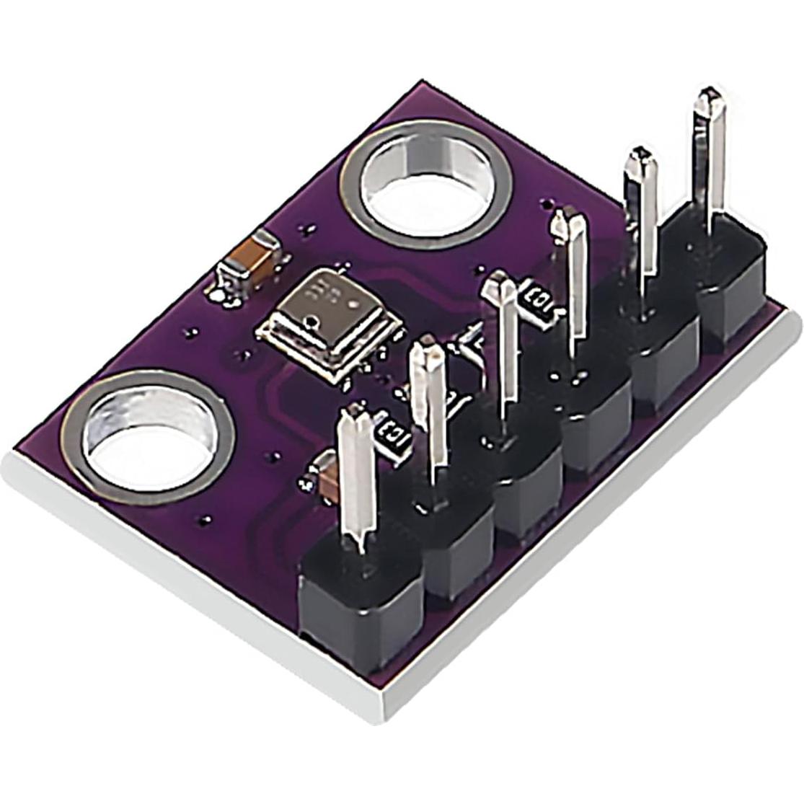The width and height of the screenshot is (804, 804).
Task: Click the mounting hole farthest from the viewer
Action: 427,185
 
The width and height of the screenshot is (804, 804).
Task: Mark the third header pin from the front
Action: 503,339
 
